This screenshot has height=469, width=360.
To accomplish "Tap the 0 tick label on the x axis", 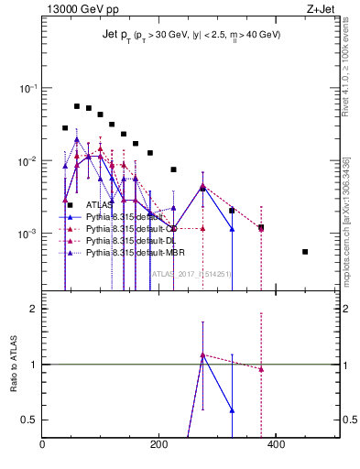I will pyautogui.click(x=42, y=444).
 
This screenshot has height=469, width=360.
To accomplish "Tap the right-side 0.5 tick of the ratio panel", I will pyautogui.click(x=349, y=420).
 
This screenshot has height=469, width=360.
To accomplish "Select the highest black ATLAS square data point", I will pyautogui.click(x=77, y=106).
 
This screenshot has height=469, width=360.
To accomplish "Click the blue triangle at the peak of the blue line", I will pyautogui.click(x=77, y=140).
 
